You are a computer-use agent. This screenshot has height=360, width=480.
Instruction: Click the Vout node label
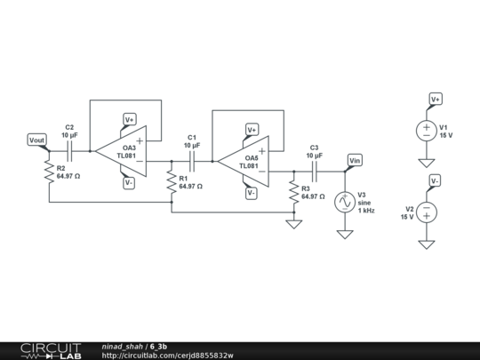[x=36, y=140]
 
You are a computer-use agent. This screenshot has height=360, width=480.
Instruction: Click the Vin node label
[x=355, y=160]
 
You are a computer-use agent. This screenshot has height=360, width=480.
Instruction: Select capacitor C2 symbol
[x=70, y=151]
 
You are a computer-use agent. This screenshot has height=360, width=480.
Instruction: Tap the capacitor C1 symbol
[x=192, y=162]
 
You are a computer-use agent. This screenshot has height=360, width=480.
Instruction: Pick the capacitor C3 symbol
[x=314, y=172]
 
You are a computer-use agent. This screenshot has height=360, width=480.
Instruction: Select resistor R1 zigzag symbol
[x=171, y=183]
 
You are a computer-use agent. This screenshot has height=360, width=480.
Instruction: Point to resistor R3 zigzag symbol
[x=293, y=193]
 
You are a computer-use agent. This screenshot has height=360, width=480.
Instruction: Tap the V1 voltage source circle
[x=427, y=130]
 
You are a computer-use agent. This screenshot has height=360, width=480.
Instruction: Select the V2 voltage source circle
[x=427, y=212]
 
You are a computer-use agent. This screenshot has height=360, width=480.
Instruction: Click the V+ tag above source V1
[x=436, y=99]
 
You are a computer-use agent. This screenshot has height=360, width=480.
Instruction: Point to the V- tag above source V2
[x=436, y=181]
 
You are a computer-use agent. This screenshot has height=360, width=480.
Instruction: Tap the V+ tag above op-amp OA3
[x=130, y=119]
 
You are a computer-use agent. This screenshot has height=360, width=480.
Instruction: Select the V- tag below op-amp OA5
[x=252, y=193]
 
